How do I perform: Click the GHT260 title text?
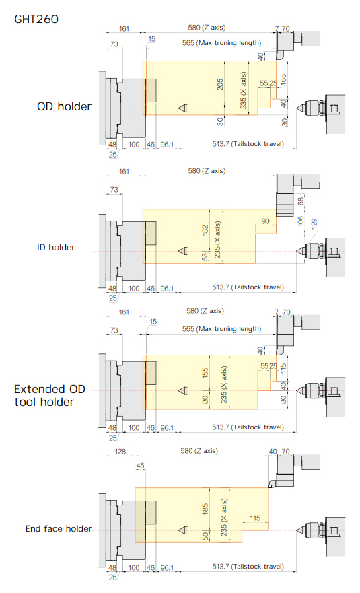coord(36,19)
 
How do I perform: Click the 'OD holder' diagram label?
coord(64,106)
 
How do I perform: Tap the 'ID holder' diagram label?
coord(56,247)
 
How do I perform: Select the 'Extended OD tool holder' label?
coord(50,395)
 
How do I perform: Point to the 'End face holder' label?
coord(59,528)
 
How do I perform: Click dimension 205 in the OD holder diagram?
coord(220,84)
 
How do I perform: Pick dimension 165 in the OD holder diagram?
coord(283,79)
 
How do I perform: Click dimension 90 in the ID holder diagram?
coord(266,221)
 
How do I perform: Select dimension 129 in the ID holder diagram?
coord(314,224)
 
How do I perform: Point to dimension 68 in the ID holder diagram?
coord(301,201)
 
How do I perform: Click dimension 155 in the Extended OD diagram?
coord(205,373)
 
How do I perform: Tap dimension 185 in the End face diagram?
coord(205,509)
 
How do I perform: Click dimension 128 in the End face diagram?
coord(120,451)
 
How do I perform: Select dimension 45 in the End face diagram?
coord(140,466)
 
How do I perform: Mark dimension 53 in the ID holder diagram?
coord(205,257)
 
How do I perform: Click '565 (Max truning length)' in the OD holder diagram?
coord(221,42)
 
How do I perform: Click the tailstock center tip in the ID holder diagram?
coord(297,252)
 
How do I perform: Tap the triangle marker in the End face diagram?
coord(182,530)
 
